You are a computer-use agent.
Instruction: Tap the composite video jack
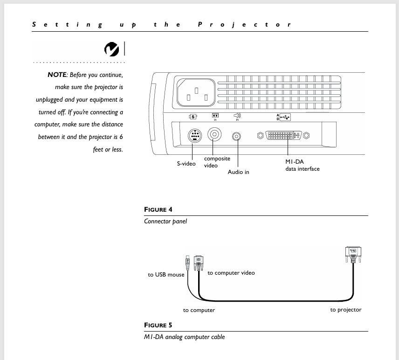[x=214, y=135]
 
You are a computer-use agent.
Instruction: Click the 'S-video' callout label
[x=186, y=164]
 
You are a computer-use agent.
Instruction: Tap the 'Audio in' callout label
[x=238, y=172]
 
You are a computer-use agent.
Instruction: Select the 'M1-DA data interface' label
[x=303, y=165]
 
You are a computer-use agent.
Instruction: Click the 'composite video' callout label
[x=217, y=162]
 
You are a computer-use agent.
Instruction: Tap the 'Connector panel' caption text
[x=165, y=222]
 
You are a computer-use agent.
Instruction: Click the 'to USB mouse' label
[x=166, y=275]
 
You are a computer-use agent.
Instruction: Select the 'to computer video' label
[x=231, y=273]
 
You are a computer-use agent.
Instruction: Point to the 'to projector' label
[x=346, y=310]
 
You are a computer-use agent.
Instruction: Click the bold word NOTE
[x=57, y=75]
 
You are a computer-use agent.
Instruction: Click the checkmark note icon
[x=112, y=49]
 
